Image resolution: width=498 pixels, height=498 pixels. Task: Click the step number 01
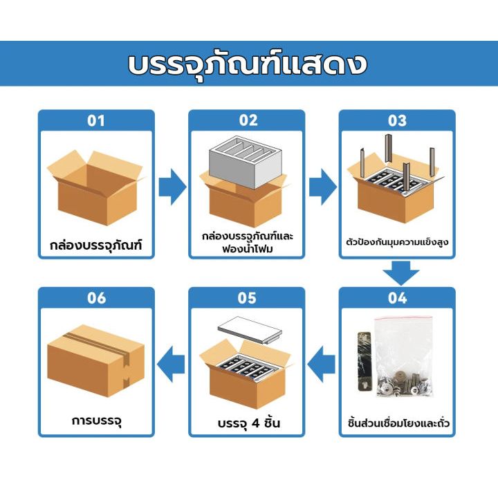click(x=96, y=120)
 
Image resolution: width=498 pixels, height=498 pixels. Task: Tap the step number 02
click(x=248, y=120)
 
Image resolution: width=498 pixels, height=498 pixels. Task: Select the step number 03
click(x=397, y=120)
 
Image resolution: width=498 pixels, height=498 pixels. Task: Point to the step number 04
click(x=397, y=298)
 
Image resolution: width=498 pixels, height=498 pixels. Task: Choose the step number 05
click(x=247, y=298)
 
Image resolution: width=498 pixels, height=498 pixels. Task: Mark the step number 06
click(x=96, y=298)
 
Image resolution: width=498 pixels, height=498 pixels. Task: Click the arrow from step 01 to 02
click(x=172, y=187)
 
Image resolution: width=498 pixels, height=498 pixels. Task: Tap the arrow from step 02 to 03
click(x=323, y=187)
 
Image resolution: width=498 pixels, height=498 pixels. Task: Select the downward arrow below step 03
click(x=400, y=273)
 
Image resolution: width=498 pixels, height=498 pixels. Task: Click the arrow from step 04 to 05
click(x=321, y=364)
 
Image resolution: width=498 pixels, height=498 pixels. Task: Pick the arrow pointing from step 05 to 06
click(x=171, y=364)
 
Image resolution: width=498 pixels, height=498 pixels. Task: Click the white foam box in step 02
click(x=246, y=163)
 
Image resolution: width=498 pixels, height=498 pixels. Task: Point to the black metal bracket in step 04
click(x=365, y=361)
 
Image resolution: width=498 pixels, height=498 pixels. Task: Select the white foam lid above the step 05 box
click(x=250, y=330)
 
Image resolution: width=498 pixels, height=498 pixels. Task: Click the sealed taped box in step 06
click(x=96, y=361)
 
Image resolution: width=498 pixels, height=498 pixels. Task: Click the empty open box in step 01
click(x=95, y=188)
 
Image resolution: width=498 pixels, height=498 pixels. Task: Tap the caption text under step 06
click(x=97, y=421)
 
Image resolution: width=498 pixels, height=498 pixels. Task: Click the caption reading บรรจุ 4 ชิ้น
click(x=249, y=423)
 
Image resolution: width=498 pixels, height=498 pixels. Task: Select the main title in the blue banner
click(x=248, y=64)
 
